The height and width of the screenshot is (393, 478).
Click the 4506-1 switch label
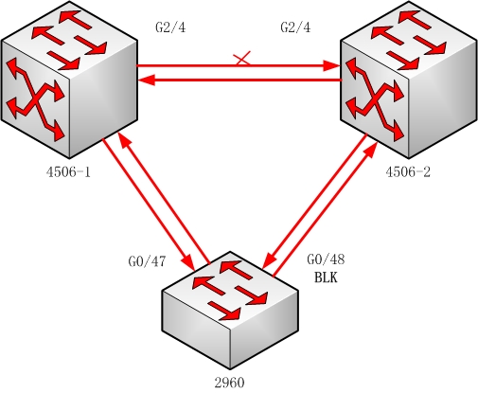[68, 172]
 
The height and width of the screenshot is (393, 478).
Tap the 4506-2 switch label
[408, 172]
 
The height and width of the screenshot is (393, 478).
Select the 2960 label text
[230, 383]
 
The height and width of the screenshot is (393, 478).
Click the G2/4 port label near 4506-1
[170, 27]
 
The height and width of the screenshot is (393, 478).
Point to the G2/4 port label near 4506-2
[295, 27]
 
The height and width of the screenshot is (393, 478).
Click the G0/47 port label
[147, 261]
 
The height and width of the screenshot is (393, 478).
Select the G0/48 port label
[326, 259]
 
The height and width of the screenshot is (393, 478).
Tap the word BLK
[326, 277]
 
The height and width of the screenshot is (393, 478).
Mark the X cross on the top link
[242, 59]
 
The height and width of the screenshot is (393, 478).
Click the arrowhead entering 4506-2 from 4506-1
[331, 66]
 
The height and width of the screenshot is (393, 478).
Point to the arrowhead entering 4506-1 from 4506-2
[147, 80]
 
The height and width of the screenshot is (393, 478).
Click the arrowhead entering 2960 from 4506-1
[188, 262]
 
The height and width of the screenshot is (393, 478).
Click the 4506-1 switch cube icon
[69, 80]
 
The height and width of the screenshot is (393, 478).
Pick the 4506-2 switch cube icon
[409, 80]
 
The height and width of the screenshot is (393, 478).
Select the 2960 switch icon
[230, 311]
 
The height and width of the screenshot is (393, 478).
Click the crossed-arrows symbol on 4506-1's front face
[35, 98]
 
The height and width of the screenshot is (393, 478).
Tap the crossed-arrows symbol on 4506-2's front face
[375, 98]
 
